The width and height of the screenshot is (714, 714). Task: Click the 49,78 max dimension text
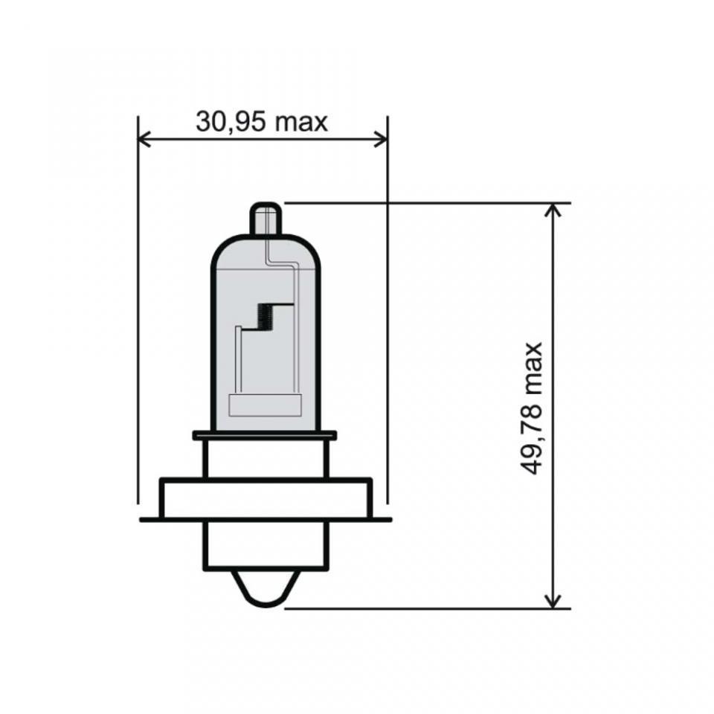tap(531, 408)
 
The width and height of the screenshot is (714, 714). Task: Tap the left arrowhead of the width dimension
tap(144, 139)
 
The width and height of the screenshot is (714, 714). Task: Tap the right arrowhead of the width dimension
tap(381, 139)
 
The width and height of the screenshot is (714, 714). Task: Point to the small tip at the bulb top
tap(266, 219)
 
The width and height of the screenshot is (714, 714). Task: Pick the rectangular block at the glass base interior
tap(265, 405)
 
